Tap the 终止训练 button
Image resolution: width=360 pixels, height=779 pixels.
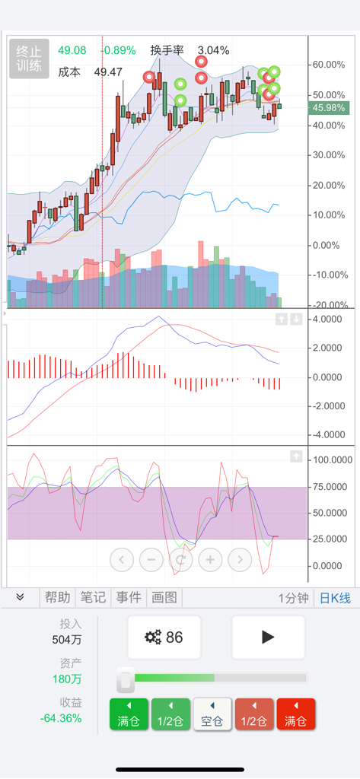29,59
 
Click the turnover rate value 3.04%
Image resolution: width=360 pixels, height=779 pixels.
213,50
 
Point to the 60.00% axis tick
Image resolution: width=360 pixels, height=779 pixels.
329,65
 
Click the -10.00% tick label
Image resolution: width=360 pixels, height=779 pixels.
329,275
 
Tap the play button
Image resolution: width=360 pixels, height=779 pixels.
268,638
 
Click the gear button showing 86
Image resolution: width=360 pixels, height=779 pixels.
164,638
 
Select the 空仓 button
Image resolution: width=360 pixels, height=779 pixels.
212,714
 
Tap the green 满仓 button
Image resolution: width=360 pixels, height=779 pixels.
129,714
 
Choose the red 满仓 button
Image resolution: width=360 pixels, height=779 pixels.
295,714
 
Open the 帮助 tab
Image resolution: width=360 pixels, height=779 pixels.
57,598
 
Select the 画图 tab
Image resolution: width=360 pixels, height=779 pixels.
164,598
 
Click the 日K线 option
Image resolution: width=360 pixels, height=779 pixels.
335,598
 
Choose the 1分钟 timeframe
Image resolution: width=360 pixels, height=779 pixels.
293,598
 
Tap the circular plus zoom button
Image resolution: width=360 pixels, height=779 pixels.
210,560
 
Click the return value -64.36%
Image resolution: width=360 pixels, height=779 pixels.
61,718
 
